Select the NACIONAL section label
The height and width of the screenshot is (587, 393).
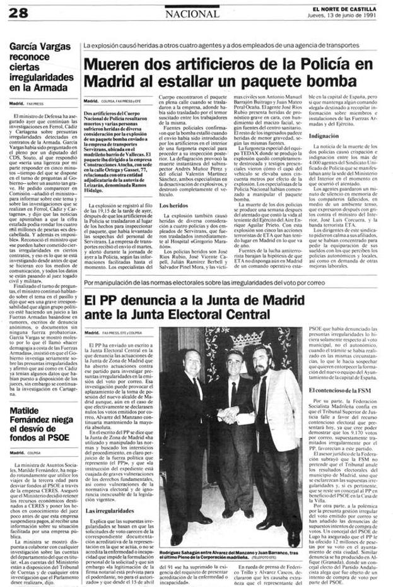(194, 13)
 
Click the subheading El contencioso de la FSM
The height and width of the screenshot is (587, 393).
(339, 392)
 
